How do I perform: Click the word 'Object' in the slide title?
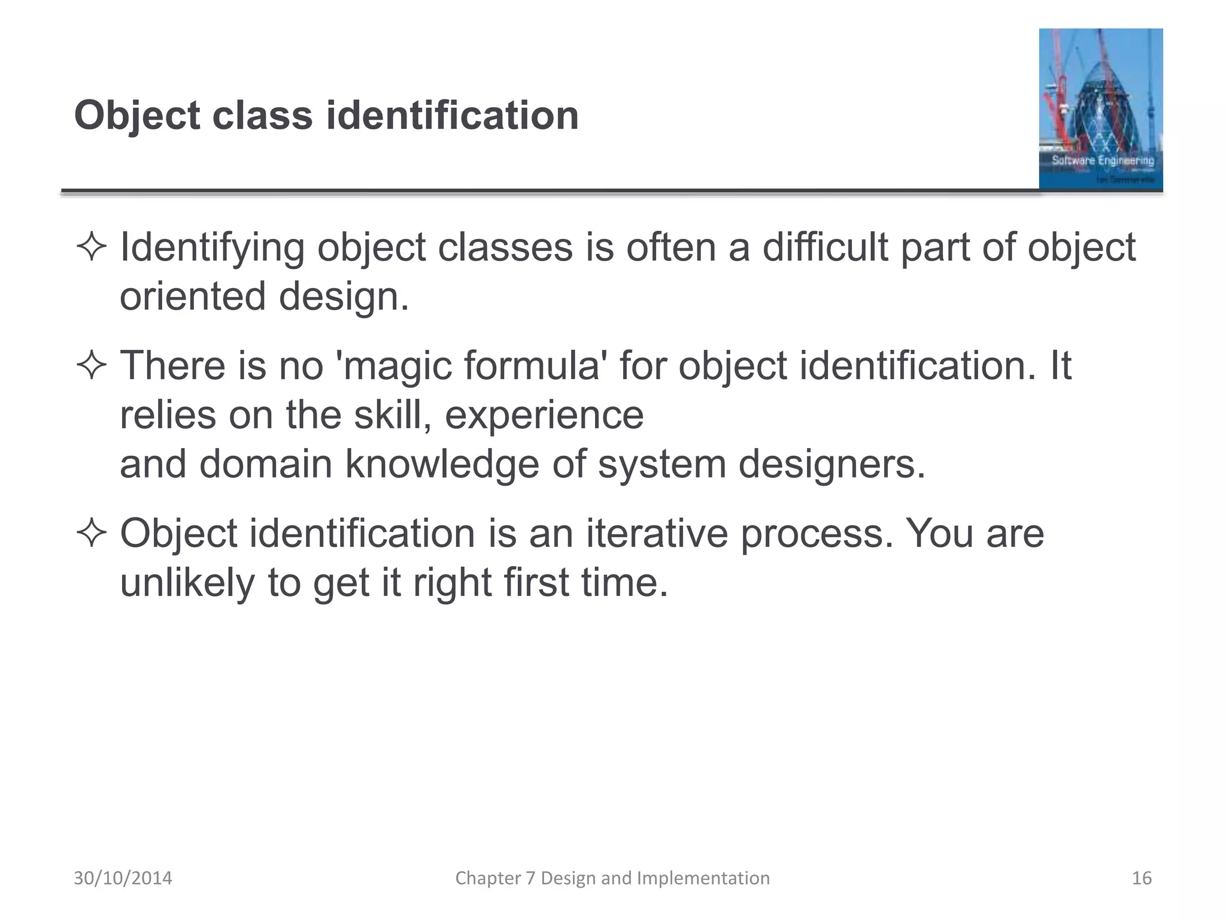click(136, 115)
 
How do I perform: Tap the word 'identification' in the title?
click(452, 115)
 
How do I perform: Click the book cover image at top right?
click(1100, 109)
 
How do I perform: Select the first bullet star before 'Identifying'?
click(91, 247)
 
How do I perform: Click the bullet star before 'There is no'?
click(91, 365)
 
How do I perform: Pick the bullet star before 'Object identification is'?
click(91, 533)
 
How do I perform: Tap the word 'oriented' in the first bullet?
click(192, 296)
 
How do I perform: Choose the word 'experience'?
click(544, 414)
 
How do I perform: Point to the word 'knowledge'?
click(442, 464)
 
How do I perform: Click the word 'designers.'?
click(832, 464)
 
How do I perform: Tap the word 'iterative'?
click(656, 533)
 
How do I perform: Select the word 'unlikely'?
click(187, 582)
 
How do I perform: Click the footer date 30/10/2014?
click(123, 878)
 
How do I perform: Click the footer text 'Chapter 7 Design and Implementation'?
click(612, 878)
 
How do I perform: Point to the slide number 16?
click(1142, 878)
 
